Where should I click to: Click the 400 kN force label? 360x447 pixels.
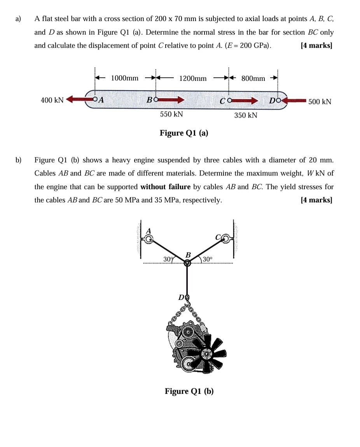coord(52,101)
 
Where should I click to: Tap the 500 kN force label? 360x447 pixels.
coord(320,102)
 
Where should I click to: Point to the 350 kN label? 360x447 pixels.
coord(246,115)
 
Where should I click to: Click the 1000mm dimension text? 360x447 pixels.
coord(124,78)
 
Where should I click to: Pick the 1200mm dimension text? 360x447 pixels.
coord(193,78)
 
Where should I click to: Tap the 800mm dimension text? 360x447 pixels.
coord(253,78)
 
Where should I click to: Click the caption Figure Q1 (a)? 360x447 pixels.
coord(184,133)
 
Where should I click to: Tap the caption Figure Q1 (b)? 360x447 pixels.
coord(189,391)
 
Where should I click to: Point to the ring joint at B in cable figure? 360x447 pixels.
coord(187,263)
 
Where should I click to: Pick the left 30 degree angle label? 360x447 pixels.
coord(168,259)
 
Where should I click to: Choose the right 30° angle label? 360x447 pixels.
coord(207,259)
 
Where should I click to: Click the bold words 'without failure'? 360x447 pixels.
coord(165,187)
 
